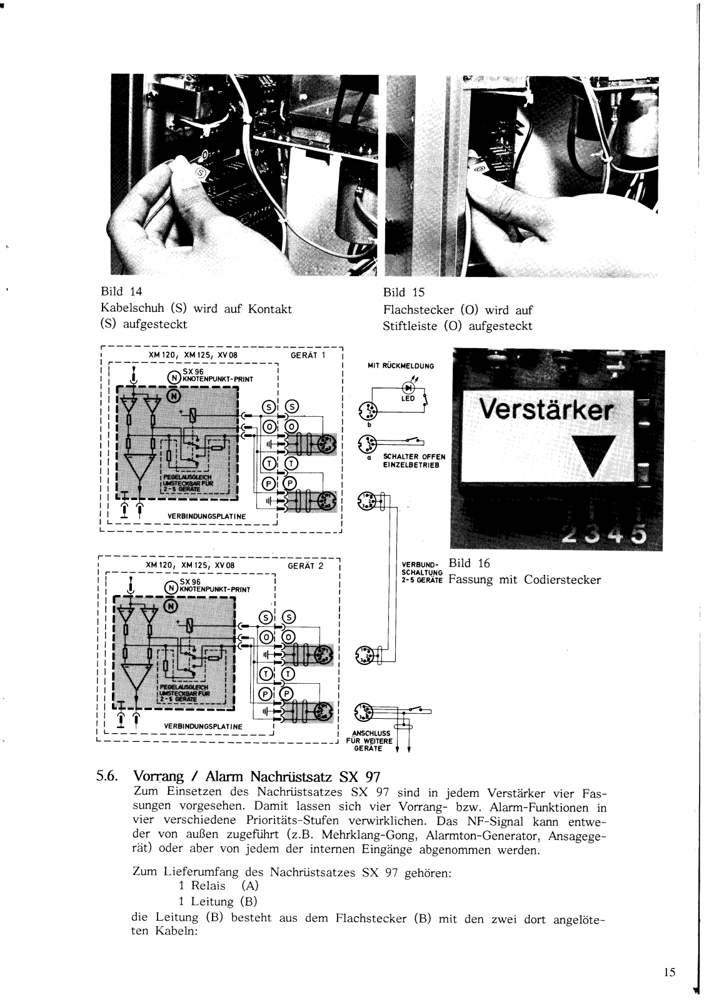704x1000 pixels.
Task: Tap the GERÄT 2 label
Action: click(306, 566)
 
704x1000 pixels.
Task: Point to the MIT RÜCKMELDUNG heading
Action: click(401, 366)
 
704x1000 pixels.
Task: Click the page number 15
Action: click(670, 972)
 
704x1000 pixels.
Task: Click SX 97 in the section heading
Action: click(360, 777)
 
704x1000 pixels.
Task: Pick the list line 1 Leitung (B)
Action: click(218, 901)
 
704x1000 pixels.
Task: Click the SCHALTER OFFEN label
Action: click(409, 456)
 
